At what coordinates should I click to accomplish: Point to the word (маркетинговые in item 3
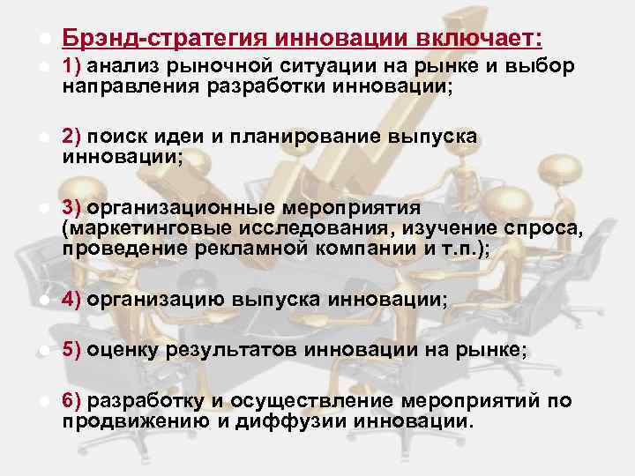146,229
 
